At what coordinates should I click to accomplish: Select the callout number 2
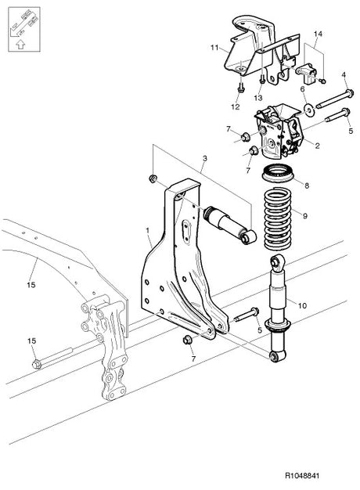tap(317, 146)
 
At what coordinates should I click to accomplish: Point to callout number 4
tap(343, 75)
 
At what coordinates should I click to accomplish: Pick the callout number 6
tap(302, 90)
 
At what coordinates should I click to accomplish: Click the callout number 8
tap(307, 186)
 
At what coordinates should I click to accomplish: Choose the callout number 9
tap(306, 215)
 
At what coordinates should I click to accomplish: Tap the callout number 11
tap(214, 49)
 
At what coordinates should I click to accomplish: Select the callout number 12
tap(235, 106)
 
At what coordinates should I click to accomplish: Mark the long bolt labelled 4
tap(333, 100)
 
